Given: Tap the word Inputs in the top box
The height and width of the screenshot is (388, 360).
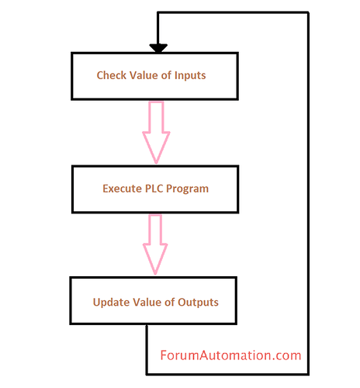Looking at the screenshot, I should coord(189,76).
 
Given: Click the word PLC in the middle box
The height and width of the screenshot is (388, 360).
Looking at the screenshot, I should coord(159,189).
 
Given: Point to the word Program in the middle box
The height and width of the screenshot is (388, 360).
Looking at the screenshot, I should coord(191,189).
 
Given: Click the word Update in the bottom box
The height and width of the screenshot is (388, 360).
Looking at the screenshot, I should coord(110,302).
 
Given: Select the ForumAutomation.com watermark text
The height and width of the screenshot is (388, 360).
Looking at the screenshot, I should coord(230,356).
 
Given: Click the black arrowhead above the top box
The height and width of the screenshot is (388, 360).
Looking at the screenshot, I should coord(158,48).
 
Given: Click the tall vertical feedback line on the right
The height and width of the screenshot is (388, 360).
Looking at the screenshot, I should coord(308,194).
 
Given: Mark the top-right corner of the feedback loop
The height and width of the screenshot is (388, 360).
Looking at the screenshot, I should coord(308,13).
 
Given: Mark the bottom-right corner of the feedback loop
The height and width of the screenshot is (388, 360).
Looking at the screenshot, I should coord(308,373).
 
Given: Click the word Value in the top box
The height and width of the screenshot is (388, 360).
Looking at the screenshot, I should coord(144,76).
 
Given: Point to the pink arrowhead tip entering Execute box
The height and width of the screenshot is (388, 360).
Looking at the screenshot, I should coord(156,161).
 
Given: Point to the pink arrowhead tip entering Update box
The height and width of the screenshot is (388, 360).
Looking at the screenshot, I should coord(156,272).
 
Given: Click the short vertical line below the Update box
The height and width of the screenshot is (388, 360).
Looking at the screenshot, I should coord(147,349).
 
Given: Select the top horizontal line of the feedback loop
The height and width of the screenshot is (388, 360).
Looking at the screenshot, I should coord(233,13).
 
